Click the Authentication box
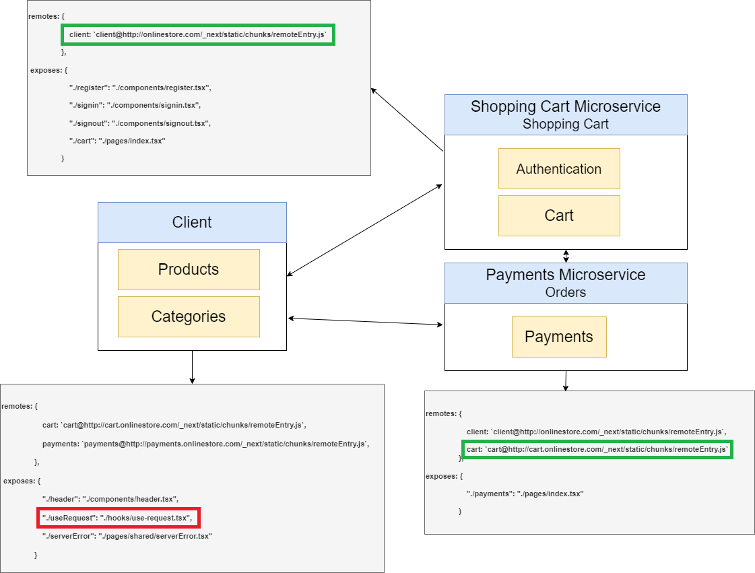coord(559,169)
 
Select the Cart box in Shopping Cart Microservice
coord(559,215)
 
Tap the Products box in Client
coord(189,269)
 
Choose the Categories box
coord(189,316)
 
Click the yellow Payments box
coord(559,337)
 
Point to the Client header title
coord(192,222)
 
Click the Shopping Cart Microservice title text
coord(566,106)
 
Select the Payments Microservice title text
coord(566,275)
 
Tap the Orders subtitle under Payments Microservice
coord(566,292)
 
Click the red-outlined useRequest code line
coord(119,518)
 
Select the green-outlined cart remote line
coord(597,449)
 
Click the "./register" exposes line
coord(141,88)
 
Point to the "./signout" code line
coord(140,123)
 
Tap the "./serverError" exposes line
coord(127,536)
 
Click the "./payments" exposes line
coord(525,494)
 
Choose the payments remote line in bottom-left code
coord(206,444)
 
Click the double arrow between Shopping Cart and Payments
coord(566,256)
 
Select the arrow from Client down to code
coord(193,367)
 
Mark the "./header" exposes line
coord(110,499)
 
